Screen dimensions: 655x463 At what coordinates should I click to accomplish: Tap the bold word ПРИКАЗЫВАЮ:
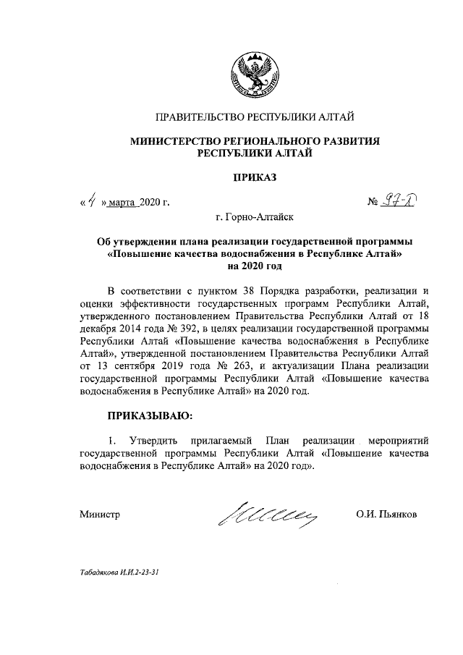pos(150,415)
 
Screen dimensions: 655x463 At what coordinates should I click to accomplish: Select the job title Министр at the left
pos(100,515)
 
